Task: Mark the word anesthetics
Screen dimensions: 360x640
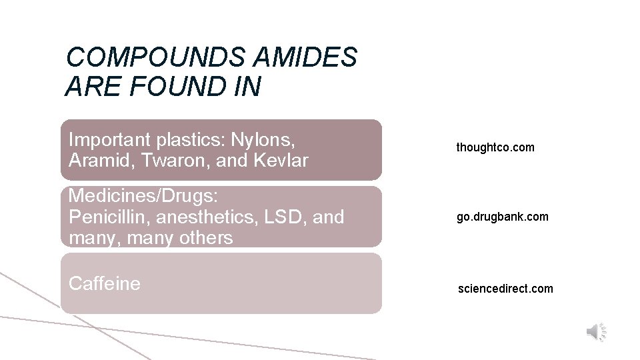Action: coord(208,217)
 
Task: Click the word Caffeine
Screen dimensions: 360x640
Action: coord(105,283)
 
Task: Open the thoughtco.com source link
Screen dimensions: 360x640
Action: coord(495,147)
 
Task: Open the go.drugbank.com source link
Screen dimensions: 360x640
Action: coord(503,217)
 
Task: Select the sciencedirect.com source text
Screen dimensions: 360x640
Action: coord(505,289)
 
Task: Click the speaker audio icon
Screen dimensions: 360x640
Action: coord(595,331)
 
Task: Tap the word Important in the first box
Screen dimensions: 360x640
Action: coord(109,140)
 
